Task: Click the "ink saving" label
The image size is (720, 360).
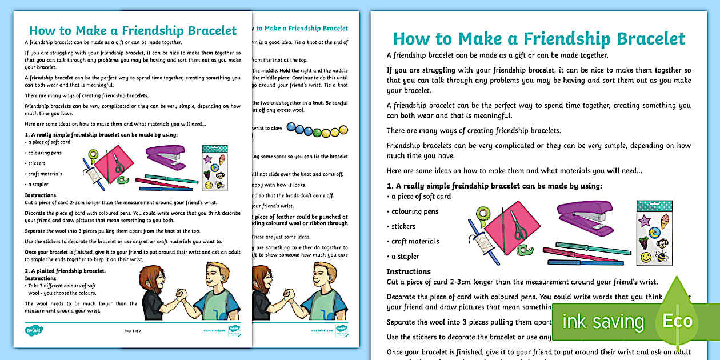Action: tap(603, 321)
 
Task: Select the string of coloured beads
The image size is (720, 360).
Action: tap(315, 131)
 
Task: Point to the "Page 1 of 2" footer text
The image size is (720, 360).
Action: tap(132, 330)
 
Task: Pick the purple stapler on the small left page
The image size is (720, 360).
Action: tap(165, 157)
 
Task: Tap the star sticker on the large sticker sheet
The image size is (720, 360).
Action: tap(645, 220)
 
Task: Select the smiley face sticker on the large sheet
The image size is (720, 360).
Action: tap(646, 257)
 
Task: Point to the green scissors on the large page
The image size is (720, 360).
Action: tap(519, 227)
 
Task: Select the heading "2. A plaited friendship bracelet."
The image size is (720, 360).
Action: tap(65, 270)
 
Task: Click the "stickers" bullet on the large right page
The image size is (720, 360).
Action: tap(403, 226)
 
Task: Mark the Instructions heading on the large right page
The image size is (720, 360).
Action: tap(409, 271)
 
